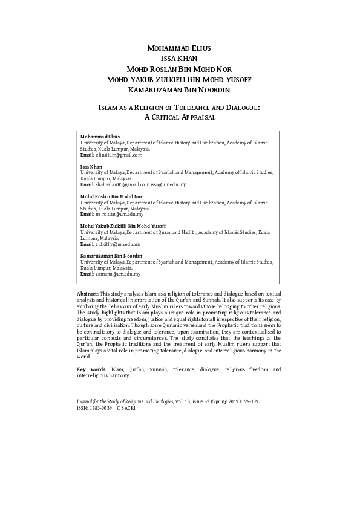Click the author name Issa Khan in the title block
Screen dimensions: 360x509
180,59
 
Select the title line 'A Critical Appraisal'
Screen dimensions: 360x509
180,118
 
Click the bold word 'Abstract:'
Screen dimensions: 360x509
83,293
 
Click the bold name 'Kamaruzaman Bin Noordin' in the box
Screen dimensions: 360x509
111,256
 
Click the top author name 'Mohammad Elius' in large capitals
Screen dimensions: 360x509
180,48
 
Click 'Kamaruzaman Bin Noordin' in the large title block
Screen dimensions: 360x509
180,91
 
